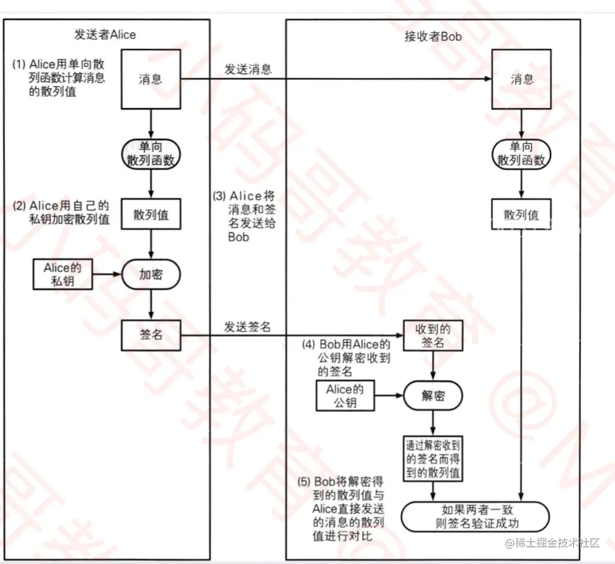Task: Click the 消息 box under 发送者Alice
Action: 150,79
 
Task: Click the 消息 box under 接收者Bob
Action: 521,79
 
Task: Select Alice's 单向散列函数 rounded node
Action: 150,153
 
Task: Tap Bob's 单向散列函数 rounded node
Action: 521,153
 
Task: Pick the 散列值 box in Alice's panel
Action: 150,214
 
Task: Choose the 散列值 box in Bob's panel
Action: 521,214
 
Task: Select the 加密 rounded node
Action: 150,275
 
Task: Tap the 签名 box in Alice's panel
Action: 150,335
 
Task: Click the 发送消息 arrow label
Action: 248,69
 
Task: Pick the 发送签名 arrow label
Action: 248,326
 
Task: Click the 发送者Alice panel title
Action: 105,34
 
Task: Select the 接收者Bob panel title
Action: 433,37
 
